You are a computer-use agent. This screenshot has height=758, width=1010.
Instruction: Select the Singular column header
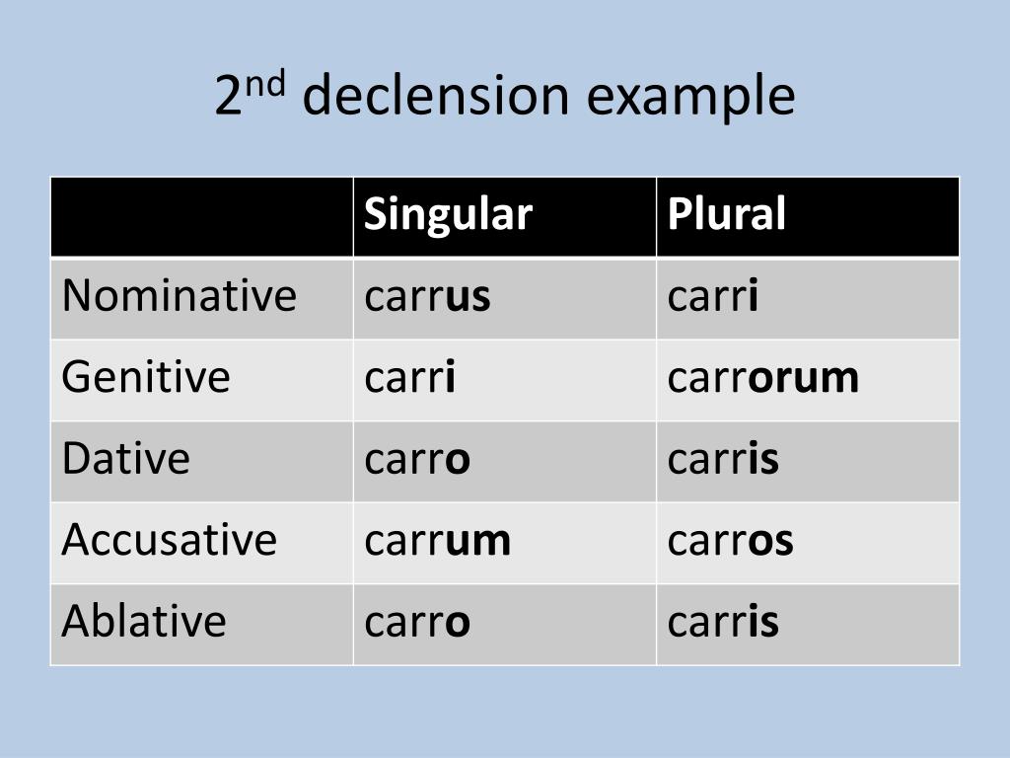448,214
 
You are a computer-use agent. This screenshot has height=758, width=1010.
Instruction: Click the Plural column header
726,214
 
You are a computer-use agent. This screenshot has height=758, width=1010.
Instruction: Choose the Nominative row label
179,296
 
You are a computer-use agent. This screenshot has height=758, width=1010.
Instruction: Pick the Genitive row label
146,377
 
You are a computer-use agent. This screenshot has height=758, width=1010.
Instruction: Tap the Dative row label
125,459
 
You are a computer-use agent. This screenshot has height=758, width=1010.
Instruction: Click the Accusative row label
170,540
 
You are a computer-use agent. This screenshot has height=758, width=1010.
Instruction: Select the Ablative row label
144,621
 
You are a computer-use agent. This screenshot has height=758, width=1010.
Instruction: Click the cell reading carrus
427,296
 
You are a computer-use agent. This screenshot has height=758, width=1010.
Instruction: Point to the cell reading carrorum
762,377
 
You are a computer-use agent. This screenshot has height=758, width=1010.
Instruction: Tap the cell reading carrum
437,540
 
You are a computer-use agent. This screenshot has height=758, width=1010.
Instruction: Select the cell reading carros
730,540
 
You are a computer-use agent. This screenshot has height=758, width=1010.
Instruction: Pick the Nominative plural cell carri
712,296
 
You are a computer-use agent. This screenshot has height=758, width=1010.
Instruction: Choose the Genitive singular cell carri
409,377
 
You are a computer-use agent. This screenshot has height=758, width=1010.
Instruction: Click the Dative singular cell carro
417,459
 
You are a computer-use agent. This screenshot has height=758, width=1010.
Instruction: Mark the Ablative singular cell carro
417,621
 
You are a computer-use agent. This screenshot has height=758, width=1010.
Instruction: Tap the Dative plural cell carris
723,459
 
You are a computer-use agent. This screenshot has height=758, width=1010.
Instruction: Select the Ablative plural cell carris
723,621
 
